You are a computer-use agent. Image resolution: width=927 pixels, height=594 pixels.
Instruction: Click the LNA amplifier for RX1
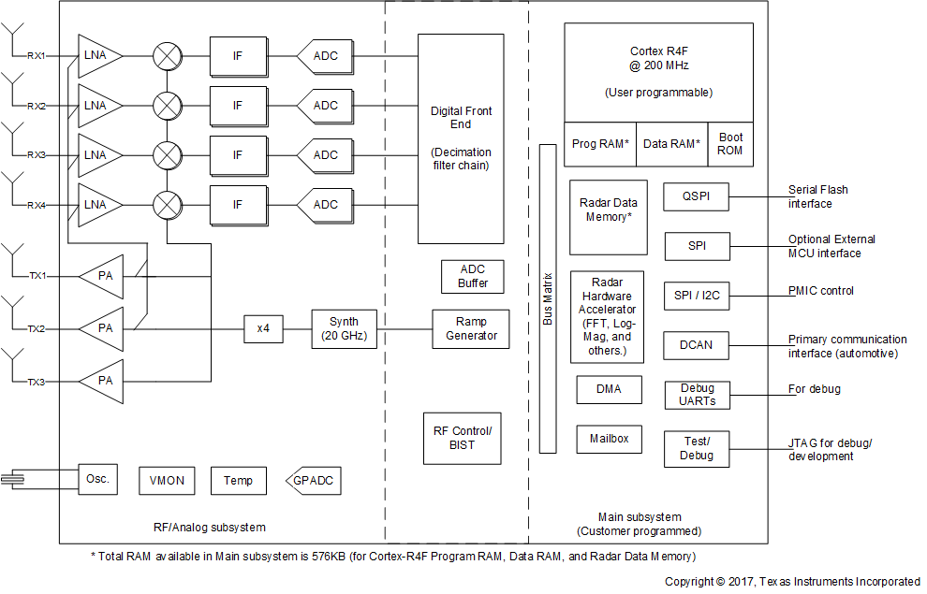(x=97, y=55)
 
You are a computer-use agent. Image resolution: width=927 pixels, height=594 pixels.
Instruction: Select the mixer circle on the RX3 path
(x=168, y=154)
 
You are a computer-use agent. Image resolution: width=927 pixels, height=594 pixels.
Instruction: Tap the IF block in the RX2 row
(x=237, y=105)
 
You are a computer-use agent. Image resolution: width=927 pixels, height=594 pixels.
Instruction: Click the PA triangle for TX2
(x=102, y=328)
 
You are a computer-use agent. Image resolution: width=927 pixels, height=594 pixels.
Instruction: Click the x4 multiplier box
(x=263, y=328)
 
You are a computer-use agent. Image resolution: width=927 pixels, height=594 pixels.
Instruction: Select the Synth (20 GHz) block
(x=344, y=328)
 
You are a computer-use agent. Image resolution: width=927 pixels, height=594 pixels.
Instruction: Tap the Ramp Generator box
(x=471, y=328)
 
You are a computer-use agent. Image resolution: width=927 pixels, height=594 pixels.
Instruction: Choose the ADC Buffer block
(x=473, y=276)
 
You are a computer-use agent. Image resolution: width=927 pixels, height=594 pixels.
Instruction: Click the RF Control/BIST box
(x=462, y=437)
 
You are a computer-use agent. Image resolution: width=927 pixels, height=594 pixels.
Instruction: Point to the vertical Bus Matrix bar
(x=548, y=298)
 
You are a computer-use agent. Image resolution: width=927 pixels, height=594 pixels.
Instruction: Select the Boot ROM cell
(x=730, y=144)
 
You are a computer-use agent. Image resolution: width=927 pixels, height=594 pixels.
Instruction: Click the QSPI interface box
(x=696, y=196)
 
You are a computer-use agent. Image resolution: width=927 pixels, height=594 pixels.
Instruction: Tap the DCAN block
(x=696, y=345)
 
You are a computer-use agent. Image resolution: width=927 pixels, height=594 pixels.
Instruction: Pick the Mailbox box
(x=609, y=439)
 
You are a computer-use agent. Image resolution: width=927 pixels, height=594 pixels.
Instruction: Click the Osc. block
(x=97, y=479)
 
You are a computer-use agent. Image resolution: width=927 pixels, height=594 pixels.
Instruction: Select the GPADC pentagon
(x=313, y=481)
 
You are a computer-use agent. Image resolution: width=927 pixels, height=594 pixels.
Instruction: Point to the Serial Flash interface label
(x=817, y=196)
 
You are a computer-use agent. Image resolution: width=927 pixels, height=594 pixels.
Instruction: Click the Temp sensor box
(x=238, y=481)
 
